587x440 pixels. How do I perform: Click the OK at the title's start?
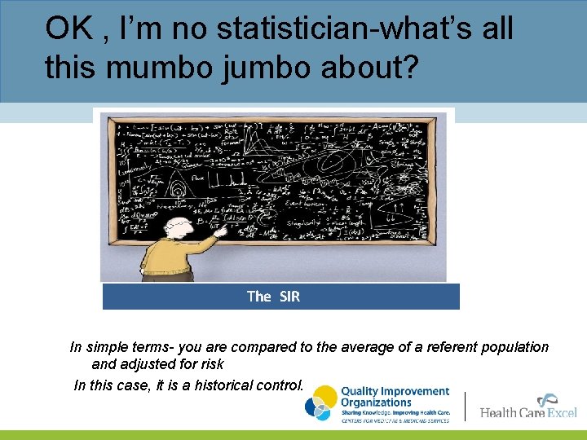[65, 29]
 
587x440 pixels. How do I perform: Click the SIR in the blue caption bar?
[289, 297]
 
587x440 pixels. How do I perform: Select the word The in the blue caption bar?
[258, 297]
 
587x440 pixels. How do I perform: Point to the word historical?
[231, 385]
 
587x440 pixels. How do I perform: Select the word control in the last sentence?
[281, 385]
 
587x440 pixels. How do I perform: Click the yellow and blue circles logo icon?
[320, 403]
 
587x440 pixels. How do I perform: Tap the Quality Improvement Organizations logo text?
[395, 397]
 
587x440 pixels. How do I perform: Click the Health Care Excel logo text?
[527, 412]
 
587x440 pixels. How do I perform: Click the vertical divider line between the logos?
[465, 405]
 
